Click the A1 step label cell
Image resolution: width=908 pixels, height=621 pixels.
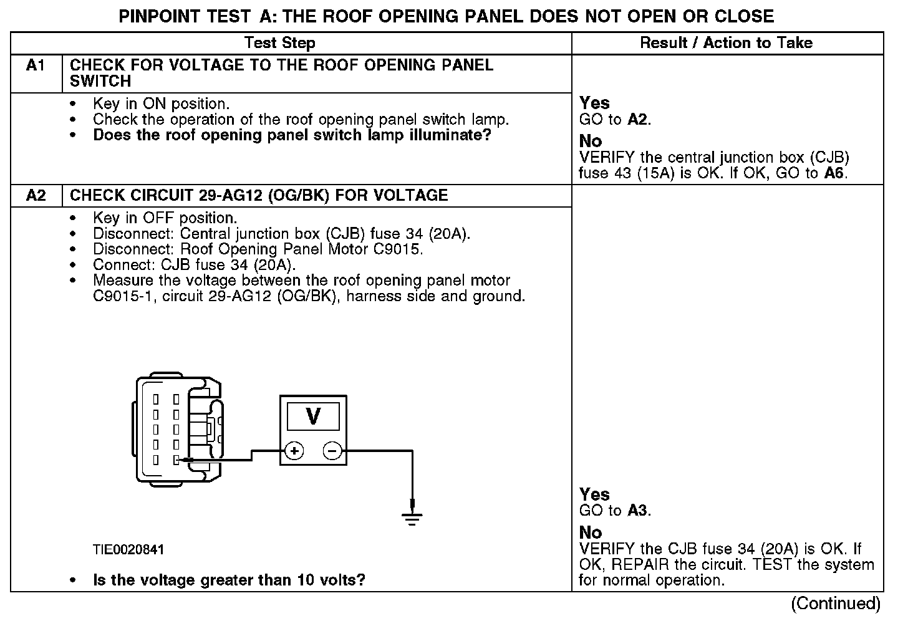click(36, 65)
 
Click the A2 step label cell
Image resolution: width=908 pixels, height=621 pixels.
click(36, 196)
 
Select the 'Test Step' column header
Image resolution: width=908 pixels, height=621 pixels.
click(279, 43)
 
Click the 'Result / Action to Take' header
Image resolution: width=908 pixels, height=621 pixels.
click(727, 43)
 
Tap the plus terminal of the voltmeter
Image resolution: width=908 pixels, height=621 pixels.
click(294, 451)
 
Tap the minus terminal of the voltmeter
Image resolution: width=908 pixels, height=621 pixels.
click(332, 451)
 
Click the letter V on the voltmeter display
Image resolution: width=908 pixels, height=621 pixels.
click(313, 416)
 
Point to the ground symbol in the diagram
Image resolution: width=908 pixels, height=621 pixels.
click(412, 516)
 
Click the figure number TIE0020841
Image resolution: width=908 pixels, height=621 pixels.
click(128, 550)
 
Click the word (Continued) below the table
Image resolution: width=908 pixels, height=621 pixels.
click(836, 604)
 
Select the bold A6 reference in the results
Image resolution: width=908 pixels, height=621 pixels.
click(834, 173)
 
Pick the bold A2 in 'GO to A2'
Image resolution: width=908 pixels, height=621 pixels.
click(637, 120)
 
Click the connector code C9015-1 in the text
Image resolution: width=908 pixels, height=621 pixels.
click(124, 296)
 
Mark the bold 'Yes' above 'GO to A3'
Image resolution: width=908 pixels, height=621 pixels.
click(594, 494)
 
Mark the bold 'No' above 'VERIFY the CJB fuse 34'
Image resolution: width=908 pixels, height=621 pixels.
click(591, 532)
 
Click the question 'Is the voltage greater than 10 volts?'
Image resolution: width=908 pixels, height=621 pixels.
click(229, 580)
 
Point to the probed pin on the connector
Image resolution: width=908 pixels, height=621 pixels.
click(176, 460)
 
